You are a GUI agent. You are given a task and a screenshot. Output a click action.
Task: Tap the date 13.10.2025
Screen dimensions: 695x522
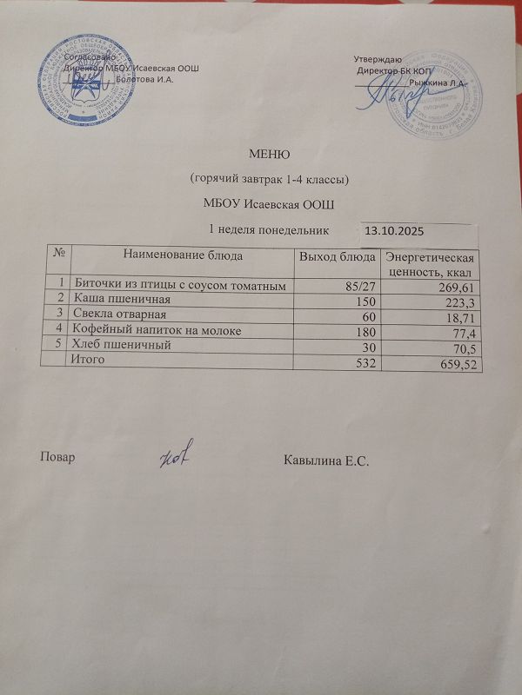pyautogui.click(x=393, y=232)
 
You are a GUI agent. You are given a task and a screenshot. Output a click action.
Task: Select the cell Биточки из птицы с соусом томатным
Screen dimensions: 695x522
pyautogui.click(x=178, y=285)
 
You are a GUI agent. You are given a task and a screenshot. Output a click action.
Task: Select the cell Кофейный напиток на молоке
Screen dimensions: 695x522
pyautogui.click(x=156, y=330)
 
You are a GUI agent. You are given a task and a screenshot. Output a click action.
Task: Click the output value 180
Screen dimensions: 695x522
pyautogui.click(x=365, y=331)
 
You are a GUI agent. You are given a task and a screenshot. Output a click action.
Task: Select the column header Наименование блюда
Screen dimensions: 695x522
pyautogui.click(x=183, y=256)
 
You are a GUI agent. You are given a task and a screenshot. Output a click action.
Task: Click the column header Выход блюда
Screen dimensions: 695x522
pyautogui.click(x=337, y=257)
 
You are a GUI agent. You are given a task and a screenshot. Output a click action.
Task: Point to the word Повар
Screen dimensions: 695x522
pyautogui.click(x=57, y=458)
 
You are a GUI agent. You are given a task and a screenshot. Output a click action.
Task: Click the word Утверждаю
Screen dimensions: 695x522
pyautogui.click(x=378, y=57)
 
